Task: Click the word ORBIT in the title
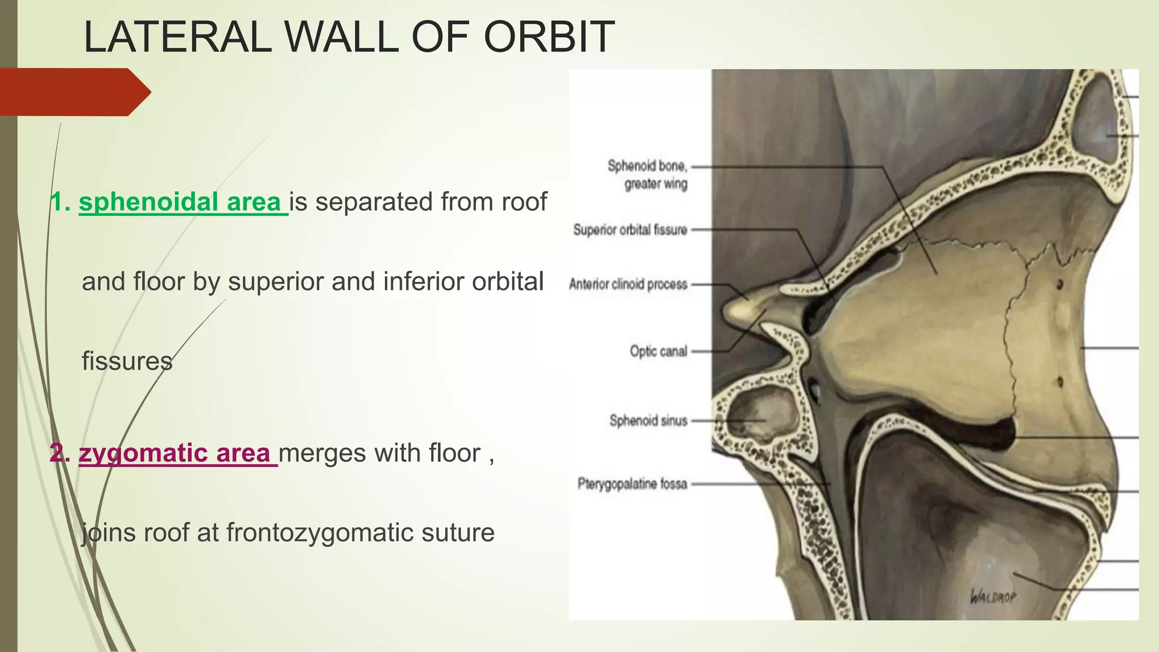click(548, 37)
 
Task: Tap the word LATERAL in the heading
click(177, 37)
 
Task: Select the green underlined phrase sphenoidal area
click(180, 202)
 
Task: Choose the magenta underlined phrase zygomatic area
click(175, 453)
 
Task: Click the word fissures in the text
click(127, 361)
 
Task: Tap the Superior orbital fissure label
click(630, 230)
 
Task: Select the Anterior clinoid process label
click(628, 284)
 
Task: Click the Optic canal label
click(658, 351)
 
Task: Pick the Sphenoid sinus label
click(648, 421)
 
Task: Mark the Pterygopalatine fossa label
click(632, 484)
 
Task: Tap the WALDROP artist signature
click(993, 597)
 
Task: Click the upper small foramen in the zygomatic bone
click(1060, 283)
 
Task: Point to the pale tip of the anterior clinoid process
click(736, 310)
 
